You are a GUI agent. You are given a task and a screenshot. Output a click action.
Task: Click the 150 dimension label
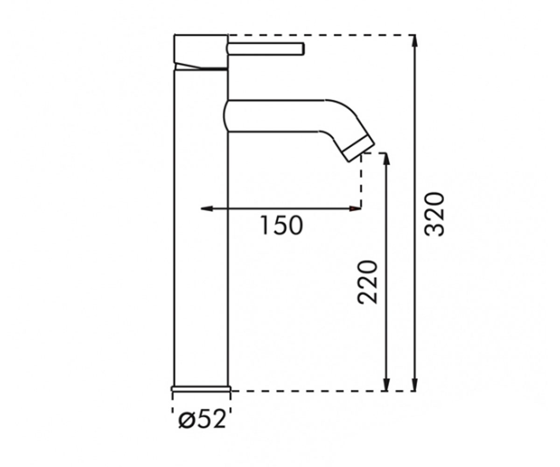[282, 226]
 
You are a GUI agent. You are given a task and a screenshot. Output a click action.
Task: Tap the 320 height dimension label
[435, 214]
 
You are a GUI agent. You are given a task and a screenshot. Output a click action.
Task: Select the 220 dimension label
[367, 282]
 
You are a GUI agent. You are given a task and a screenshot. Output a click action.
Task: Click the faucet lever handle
[265, 49]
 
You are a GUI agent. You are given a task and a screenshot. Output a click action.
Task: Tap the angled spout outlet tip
[359, 149]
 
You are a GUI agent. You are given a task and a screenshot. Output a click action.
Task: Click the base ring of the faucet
[201, 389]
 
